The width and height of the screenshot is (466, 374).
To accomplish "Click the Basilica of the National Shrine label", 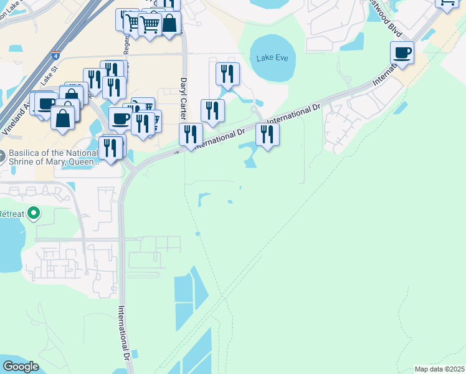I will tap(53, 158).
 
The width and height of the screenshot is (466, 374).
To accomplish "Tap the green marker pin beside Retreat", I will tap(35, 214).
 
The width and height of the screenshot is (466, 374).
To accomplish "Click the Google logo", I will tap(21, 367).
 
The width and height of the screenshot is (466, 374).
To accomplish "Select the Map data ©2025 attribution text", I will tap(439, 369).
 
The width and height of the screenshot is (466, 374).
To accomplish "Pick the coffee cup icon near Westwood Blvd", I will tap(402, 53).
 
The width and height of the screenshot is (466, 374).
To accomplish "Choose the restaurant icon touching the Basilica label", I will tap(110, 148).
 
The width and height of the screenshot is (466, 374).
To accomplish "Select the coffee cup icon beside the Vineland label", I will tap(45, 103).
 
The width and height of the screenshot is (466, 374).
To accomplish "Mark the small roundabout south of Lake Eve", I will tap(255, 110).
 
